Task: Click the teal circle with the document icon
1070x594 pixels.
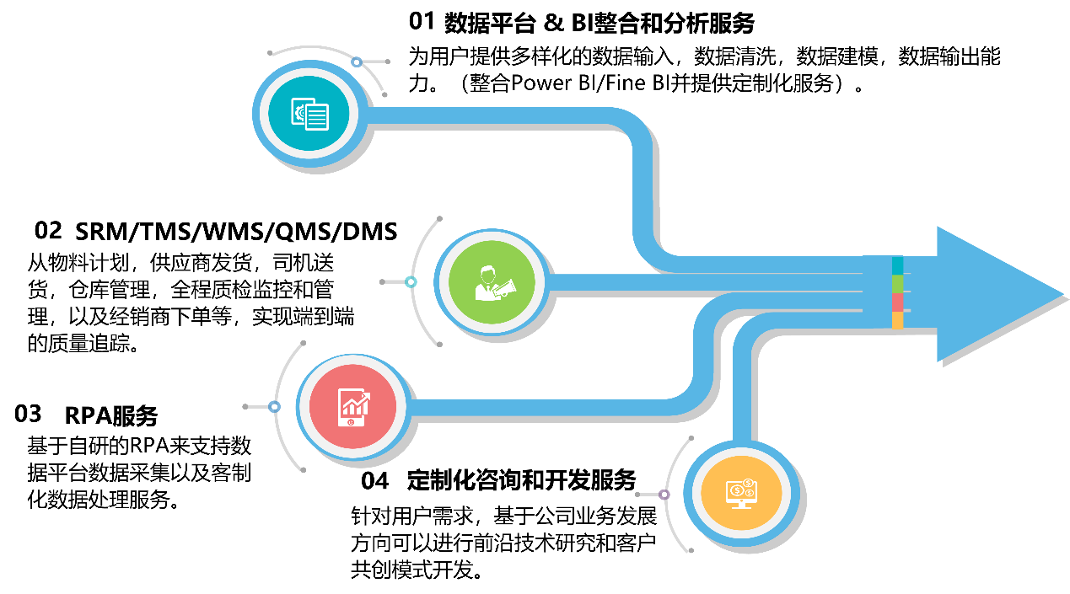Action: pyautogui.click(x=309, y=114)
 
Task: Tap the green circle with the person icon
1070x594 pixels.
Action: pyautogui.click(x=492, y=281)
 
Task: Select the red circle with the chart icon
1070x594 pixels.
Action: pyautogui.click(x=352, y=407)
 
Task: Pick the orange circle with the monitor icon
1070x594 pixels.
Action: pyautogui.click(x=741, y=493)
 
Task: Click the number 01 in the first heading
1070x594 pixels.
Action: pyautogui.click(x=422, y=22)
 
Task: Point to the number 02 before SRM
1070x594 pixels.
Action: pyautogui.click(x=48, y=231)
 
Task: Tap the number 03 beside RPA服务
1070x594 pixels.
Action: pyautogui.click(x=28, y=414)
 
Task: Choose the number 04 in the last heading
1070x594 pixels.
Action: pyautogui.click(x=374, y=481)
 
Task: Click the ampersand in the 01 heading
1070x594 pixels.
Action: pyautogui.click(x=553, y=23)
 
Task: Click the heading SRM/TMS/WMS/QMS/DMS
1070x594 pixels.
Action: pyautogui.click(x=236, y=232)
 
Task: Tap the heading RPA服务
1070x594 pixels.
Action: pyautogui.click(x=110, y=415)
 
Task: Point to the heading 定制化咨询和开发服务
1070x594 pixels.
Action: pyautogui.click(x=521, y=480)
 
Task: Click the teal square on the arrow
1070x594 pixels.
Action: pyautogui.click(x=897, y=265)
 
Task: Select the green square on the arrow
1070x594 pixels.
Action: pyautogui.click(x=897, y=284)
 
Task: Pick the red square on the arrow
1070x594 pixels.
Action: pyautogui.click(x=897, y=302)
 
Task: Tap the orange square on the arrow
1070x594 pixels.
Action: pyautogui.click(x=897, y=320)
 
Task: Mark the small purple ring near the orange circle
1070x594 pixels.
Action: pyautogui.click(x=664, y=495)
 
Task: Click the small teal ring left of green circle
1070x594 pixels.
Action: pyautogui.click(x=411, y=281)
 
